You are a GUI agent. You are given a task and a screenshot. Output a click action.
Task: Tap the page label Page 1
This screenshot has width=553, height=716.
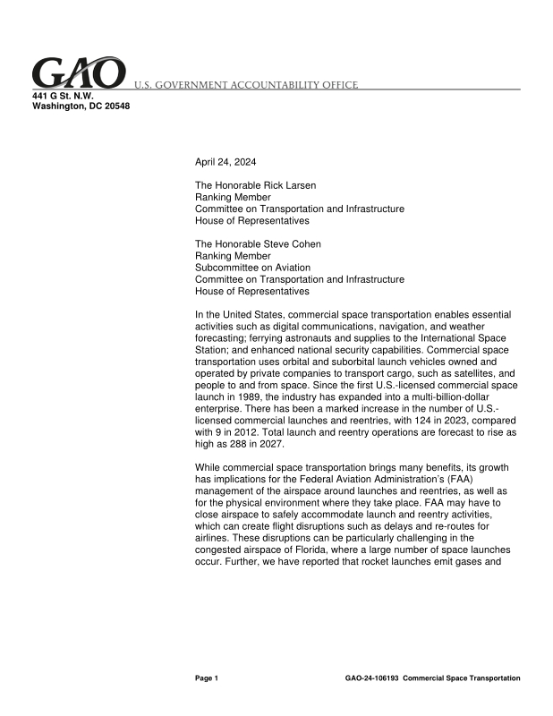(207, 678)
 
